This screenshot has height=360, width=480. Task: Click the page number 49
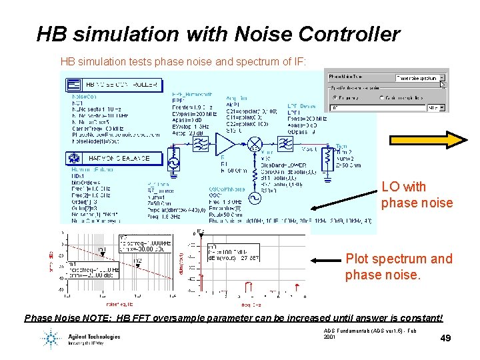(x=445, y=338)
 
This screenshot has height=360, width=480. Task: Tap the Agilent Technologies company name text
(x=93, y=337)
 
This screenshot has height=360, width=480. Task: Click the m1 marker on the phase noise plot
(x=102, y=251)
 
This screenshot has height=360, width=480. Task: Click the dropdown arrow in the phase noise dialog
(x=441, y=78)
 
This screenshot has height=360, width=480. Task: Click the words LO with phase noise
(x=416, y=195)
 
